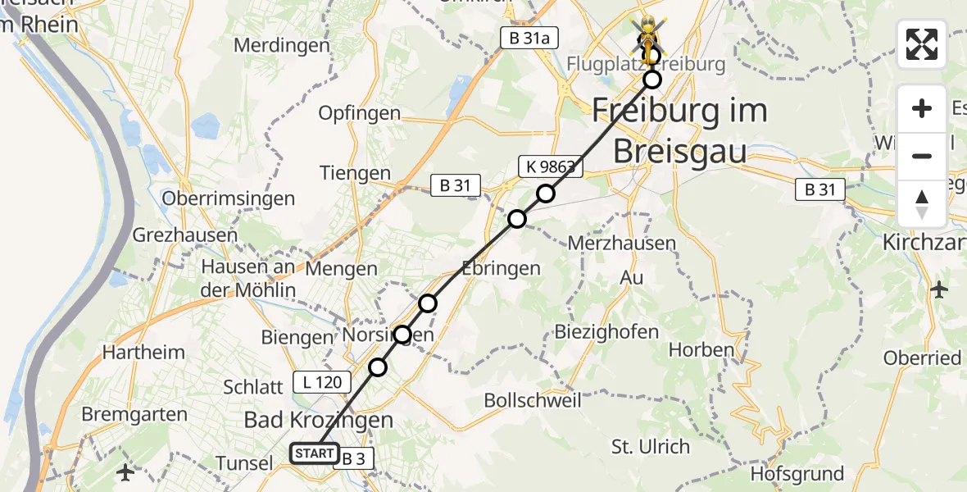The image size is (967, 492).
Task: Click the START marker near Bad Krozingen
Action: (314, 453)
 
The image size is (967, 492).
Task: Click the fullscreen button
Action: (922, 44)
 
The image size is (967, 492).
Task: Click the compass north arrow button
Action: (922, 205)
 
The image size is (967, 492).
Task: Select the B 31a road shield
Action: (524, 38)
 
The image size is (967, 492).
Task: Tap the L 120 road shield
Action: (322, 381)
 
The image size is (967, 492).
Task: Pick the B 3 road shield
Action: (353, 459)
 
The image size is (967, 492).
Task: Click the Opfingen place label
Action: (360, 113)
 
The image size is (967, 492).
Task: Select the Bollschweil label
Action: (533, 401)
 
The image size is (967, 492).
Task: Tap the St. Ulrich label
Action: (651, 447)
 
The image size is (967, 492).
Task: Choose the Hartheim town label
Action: (143, 353)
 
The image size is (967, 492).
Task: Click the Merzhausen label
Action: (622, 243)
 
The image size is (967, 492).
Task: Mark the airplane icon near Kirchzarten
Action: (939, 289)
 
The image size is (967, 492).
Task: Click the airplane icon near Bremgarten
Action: (125, 472)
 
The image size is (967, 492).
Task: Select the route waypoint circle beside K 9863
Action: (546, 194)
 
